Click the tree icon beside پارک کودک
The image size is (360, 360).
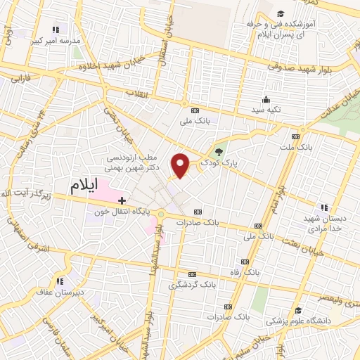[219, 151]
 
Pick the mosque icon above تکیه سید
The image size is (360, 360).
[265, 99]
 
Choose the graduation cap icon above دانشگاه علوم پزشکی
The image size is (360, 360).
[298, 310]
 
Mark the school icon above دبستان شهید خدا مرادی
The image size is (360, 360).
[324, 207]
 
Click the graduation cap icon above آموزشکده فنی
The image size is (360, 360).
[281, 14]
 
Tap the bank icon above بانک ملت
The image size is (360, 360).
[296, 136]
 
